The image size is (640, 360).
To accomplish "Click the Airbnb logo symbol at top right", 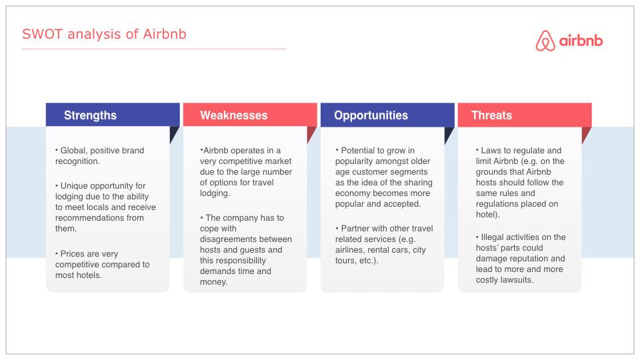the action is (545, 41).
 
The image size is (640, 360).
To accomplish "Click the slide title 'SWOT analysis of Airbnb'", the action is (104, 34).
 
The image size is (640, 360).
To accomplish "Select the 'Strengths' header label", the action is (90, 115).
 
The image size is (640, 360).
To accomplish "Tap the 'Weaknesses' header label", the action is (233, 115).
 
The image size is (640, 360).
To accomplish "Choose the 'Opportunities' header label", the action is (371, 115).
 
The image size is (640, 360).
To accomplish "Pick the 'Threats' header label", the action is (491, 115).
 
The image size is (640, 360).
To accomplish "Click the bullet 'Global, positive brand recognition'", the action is (100, 155).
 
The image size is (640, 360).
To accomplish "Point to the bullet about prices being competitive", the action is (103, 265).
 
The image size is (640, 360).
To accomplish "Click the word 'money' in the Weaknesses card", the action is (213, 282).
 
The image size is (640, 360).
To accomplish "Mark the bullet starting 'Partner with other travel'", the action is (384, 245).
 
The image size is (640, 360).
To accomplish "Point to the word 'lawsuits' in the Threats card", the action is (519, 280).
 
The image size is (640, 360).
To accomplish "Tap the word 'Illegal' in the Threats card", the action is (492, 237).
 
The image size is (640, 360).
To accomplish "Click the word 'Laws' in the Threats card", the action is (491, 151).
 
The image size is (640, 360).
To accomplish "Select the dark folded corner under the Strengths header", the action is (173, 133).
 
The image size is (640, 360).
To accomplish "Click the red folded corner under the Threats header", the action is (586, 134).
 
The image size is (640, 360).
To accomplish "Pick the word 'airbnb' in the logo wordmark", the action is (581, 41).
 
